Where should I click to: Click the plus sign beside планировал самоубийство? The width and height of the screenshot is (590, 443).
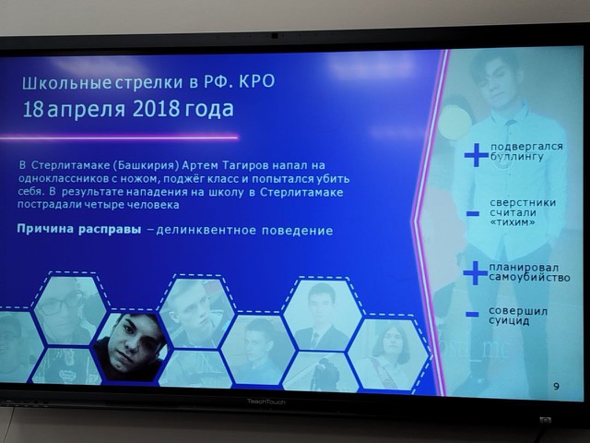point(475,272)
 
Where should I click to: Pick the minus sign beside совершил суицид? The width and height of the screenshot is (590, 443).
point(472,315)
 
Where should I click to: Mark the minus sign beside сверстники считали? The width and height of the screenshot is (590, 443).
point(473,214)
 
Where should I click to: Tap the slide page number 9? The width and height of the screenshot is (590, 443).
point(555,386)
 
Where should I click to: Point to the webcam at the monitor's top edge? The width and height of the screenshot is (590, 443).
point(274,35)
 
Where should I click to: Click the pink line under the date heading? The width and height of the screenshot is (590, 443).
point(129,138)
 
